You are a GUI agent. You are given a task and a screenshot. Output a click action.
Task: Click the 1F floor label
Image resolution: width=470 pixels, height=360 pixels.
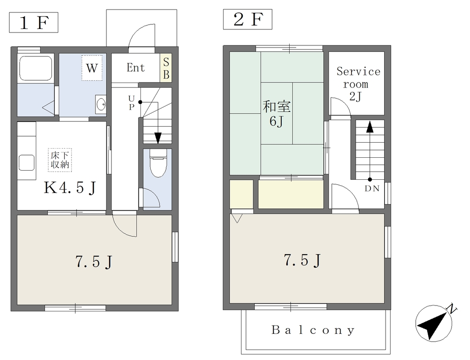point(34,22)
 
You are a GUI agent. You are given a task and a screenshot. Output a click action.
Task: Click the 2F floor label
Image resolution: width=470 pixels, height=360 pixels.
point(247,19)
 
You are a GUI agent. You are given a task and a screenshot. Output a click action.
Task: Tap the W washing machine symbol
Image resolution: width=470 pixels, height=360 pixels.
point(92,68)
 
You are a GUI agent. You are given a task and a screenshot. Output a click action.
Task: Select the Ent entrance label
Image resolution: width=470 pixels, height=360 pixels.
point(135,68)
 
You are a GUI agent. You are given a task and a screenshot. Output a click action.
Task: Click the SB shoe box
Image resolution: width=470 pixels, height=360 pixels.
point(166,68)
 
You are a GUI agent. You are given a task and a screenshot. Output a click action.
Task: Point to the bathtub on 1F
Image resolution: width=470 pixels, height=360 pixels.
point(36,68)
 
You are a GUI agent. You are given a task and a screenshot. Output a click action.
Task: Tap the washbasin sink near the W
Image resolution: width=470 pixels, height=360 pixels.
point(101,104)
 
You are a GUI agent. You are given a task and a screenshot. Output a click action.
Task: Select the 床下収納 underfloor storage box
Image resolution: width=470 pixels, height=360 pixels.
point(60,160)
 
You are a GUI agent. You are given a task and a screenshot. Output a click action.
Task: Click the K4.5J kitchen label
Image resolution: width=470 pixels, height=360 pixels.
point(70,188)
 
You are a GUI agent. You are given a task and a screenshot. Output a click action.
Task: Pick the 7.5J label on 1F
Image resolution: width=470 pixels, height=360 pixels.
point(94,262)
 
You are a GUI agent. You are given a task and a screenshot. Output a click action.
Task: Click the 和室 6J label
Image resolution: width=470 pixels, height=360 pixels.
point(277,114)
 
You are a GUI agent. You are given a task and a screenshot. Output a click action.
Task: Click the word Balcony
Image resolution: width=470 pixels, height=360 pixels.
point(313,330)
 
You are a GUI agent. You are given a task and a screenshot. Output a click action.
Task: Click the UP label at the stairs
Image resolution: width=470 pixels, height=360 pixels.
point(131,103)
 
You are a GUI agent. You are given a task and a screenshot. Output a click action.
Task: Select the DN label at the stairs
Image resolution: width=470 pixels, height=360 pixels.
point(372,188)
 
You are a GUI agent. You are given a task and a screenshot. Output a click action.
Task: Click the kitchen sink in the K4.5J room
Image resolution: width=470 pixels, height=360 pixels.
point(27,163)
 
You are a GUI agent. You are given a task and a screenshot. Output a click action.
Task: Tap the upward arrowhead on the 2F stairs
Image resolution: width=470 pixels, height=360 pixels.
point(370,127)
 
